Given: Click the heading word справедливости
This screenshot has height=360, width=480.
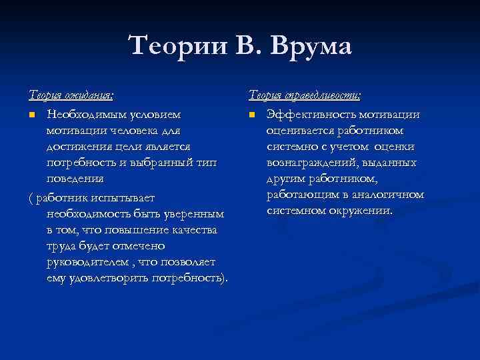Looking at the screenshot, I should point(325,96).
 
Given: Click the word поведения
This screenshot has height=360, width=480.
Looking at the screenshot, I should point(75,178).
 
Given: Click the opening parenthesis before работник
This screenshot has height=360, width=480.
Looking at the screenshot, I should point(31,198).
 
